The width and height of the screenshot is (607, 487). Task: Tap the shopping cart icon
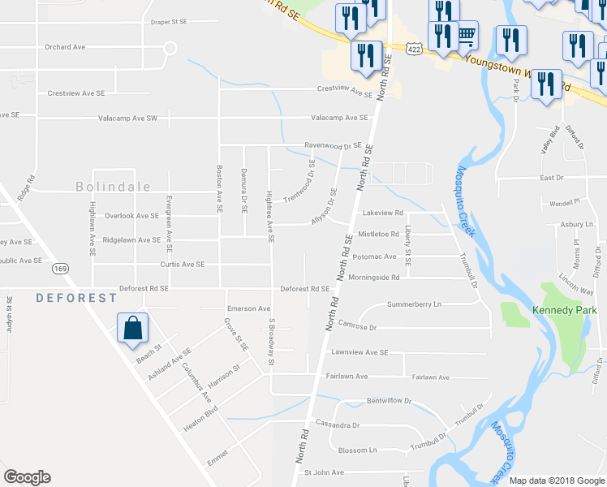click(465, 35)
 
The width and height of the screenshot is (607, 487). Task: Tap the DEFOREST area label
click(76, 298)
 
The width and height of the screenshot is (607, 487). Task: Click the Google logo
click(27, 477)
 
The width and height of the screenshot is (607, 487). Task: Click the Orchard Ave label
click(65, 47)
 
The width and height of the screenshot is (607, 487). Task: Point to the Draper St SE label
click(169, 22)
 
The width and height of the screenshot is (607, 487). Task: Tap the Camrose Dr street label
click(358, 327)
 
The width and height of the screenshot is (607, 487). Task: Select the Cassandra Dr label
click(338, 425)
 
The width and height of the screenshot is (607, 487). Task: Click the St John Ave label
click(324, 472)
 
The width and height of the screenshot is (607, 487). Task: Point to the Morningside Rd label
click(374, 278)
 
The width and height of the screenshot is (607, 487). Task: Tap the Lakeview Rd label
click(383, 213)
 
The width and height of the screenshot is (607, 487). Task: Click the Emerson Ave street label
click(248, 308)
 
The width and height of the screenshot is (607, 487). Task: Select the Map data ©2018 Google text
click(557, 481)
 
